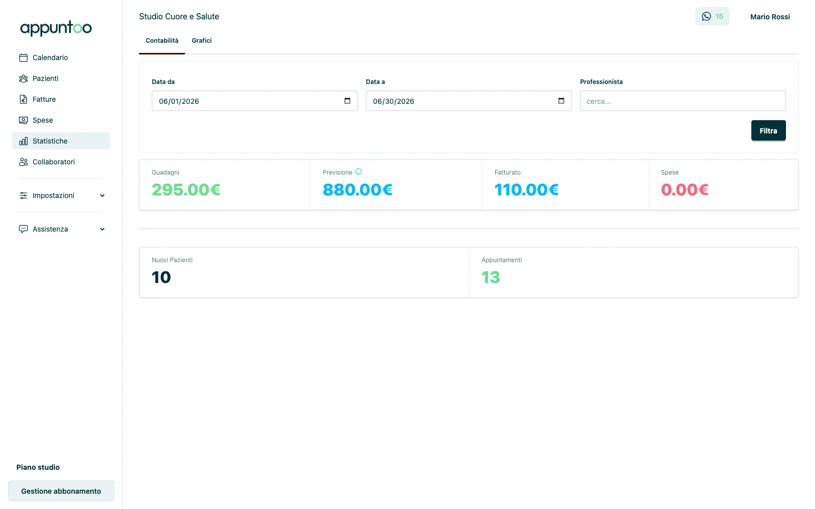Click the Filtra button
pyautogui.click(x=768, y=130)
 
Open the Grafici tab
pyautogui.click(x=202, y=41)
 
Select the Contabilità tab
pyautogui.click(x=162, y=41)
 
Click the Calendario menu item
pyautogui.click(x=50, y=58)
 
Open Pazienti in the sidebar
pyautogui.click(x=45, y=78)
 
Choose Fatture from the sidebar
pyautogui.click(x=44, y=99)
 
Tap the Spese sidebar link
pyautogui.click(x=43, y=120)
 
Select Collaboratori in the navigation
pyautogui.click(x=53, y=162)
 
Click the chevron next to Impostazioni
pyautogui.click(x=102, y=195)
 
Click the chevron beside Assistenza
pyautogui.click(x=102, y=229)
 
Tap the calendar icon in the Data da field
pyautogui.click(x=347, y=101)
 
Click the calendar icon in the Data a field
pyautogui.click(x=561, y=101)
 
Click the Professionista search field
pyautogui.click(x=683, y=101)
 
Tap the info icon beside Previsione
pyautogui.click(x=359, y=172)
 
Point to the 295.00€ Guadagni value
pyautogui.click(x=186, y=190)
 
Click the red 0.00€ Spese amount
pyautogui.click(x=685, y=190)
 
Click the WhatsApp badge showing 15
pyautogui.click(x=712, y=16)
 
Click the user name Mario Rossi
pyautogui.click(x=770, y=17)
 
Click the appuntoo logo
pyautogui.click(x=56, y=29)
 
